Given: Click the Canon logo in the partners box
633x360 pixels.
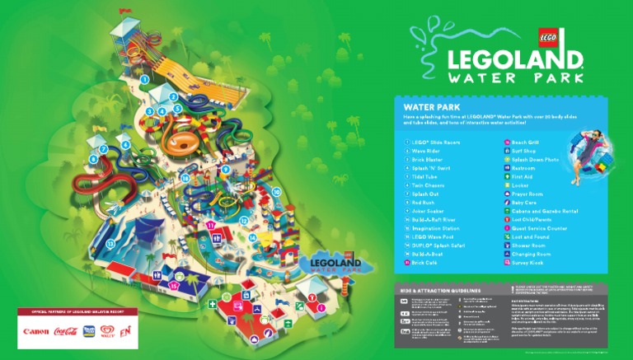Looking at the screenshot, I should [36, 332].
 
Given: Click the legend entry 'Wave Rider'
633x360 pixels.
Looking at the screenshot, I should [425, 151].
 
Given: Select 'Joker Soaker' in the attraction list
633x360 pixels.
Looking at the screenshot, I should [428, 210].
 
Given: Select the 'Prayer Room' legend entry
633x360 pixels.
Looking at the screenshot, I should [525, 194].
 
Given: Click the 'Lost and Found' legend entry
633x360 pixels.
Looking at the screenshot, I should [529, 236].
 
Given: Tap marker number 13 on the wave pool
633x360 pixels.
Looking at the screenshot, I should [110, 245].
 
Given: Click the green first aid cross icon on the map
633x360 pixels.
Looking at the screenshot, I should [212, 304].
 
